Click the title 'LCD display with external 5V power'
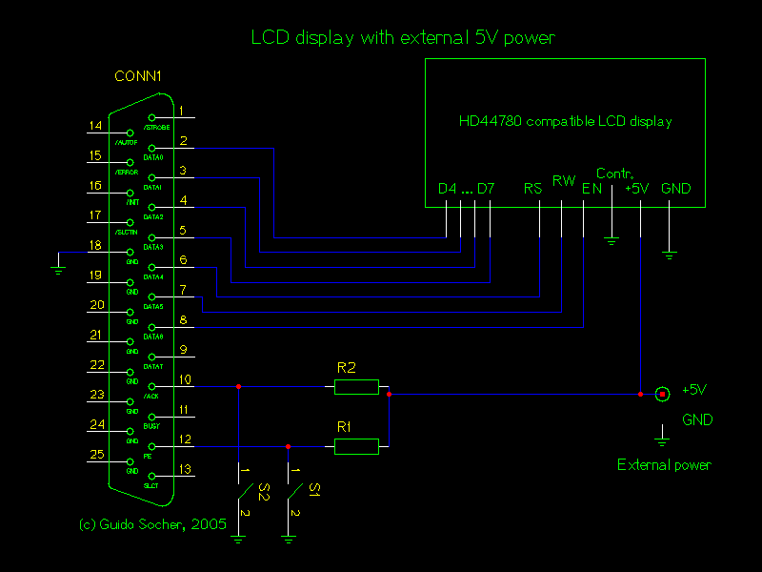402,38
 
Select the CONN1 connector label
138,76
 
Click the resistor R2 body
356,386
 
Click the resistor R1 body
356,445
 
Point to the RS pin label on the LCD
532,189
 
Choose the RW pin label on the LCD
564,180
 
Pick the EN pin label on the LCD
592,189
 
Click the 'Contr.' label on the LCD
614,174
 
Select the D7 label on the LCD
486,189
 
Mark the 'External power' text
664,465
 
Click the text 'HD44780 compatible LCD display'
565,122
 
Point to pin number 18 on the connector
96,245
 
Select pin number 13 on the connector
185,469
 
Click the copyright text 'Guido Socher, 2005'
152,523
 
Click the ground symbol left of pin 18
59,268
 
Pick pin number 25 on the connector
96,455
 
